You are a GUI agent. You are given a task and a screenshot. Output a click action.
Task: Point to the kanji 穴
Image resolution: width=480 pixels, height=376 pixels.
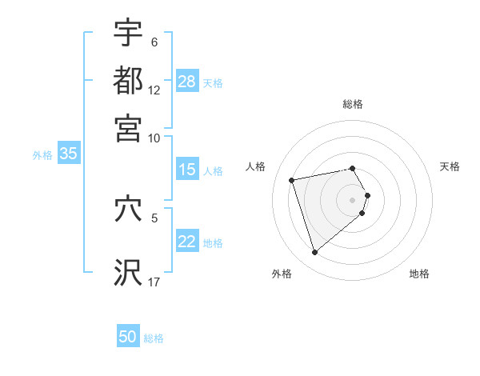(x=128, y=209)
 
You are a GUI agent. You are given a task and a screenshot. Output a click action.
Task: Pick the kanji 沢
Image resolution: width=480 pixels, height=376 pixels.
(x=128, y=272)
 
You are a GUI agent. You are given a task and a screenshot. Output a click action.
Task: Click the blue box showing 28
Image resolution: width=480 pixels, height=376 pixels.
(x=187, y=82)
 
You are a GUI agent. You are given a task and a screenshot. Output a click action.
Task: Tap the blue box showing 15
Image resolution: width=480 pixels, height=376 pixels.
(x=187, y=170)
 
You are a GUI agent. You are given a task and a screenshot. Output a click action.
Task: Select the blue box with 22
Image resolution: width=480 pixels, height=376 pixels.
(x=187, y=242)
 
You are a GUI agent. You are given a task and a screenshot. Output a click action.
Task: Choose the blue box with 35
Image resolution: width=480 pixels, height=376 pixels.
(x=68, y=154)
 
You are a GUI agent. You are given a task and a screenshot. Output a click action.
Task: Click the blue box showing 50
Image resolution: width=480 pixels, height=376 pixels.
(x=128, y=338)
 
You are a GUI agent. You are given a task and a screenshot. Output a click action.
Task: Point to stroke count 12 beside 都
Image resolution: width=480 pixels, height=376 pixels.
(x=154, y=90)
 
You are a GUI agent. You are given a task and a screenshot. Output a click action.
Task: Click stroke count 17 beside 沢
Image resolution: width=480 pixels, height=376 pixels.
(x=154, y=282)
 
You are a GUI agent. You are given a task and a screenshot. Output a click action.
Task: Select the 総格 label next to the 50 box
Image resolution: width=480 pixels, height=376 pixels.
(x=154, y=338)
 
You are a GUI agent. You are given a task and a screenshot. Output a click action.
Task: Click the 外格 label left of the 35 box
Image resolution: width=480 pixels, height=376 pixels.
(x=42, y=155)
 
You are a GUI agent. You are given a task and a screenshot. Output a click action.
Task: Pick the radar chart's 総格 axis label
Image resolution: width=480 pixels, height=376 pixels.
(x=353, y=104)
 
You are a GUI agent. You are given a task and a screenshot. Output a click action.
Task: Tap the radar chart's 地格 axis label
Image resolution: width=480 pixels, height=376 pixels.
(x=419, y=274)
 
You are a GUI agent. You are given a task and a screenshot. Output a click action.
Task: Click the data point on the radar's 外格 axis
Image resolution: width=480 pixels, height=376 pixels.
(x=314, y=253)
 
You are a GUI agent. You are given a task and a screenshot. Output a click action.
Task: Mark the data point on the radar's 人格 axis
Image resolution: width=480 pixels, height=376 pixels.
(x=292, y=179)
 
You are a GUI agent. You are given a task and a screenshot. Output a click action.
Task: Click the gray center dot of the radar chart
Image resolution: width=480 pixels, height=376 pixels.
(x=353, y=199)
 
